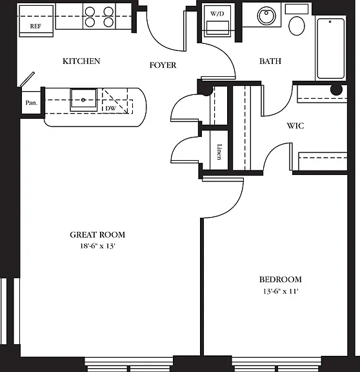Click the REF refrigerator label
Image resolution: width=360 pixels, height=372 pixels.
(35, 26)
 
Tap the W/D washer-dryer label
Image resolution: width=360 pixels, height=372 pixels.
(217, 14)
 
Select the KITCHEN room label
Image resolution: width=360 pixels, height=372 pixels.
(81, 61)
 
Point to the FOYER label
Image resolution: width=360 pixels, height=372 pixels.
(163, 65)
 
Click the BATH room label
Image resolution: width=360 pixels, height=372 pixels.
(270, 61)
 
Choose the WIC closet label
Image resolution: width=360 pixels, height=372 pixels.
(295, 126)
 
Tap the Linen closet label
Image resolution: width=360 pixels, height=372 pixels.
(219, 152)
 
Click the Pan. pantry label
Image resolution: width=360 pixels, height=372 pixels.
(31, 103)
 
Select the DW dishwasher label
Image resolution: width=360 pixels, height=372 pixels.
(111, 108)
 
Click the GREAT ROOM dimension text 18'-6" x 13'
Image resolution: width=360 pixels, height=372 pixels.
(97, 246)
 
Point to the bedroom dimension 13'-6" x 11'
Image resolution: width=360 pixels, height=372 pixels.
(281, 291)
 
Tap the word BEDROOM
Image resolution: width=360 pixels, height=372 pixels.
(281, 280)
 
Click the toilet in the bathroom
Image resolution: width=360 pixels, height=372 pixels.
(297, 26)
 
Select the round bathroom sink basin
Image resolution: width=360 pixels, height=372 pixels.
(266, 15)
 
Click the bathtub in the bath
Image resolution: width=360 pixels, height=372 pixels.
(330, 48)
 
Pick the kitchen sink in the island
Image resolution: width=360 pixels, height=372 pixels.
(83, 100)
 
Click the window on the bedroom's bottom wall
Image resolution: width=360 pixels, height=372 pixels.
(276, 364)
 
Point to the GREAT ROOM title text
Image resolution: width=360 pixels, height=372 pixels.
(97, 235)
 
